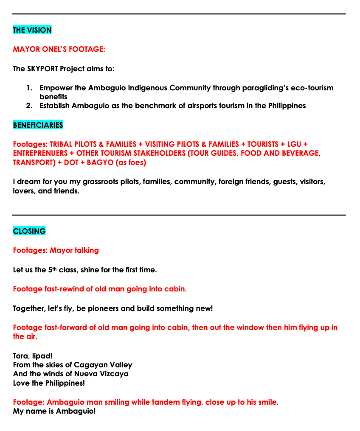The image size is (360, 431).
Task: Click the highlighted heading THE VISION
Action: [32, 30]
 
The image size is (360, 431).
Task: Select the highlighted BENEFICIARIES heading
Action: [38, 125]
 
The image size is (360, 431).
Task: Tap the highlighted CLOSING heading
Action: [29, 231]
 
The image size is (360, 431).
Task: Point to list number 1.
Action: [29, 88]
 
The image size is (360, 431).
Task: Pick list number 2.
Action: [29, 106]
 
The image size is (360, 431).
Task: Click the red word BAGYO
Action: [98, 163]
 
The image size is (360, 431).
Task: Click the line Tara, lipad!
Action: [33, 356]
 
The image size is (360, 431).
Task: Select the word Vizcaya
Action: [114, 374]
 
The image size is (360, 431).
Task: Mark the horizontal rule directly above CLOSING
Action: [179, 215]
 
